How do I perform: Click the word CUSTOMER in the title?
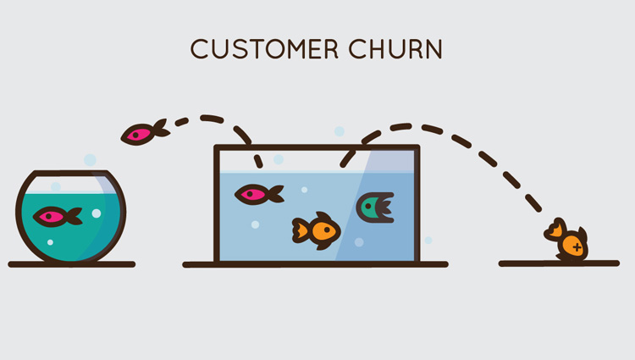(264, 49)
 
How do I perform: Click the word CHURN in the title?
(395, 49)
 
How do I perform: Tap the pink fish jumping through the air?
(145, 132)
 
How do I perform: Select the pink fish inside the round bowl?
(58, 216)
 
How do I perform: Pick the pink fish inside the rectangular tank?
(259, 194)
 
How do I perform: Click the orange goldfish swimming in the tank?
(317, 230)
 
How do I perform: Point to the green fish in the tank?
(375, 208)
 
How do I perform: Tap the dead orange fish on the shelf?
(567, 240)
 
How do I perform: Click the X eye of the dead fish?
(577, 246)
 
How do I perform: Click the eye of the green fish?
(368, 207)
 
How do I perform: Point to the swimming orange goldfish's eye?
(327, 230)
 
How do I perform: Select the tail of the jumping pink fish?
(161, 128)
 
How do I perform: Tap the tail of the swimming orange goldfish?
(301, 230)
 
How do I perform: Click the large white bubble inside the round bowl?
(97, 213)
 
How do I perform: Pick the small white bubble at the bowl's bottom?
(50, 242)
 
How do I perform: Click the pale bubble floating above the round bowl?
(90, 160)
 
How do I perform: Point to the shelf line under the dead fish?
(559, 263)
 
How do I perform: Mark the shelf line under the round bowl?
(72, 264)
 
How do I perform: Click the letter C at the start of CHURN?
(356, 49)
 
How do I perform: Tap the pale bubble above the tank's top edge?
(340, 131)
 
